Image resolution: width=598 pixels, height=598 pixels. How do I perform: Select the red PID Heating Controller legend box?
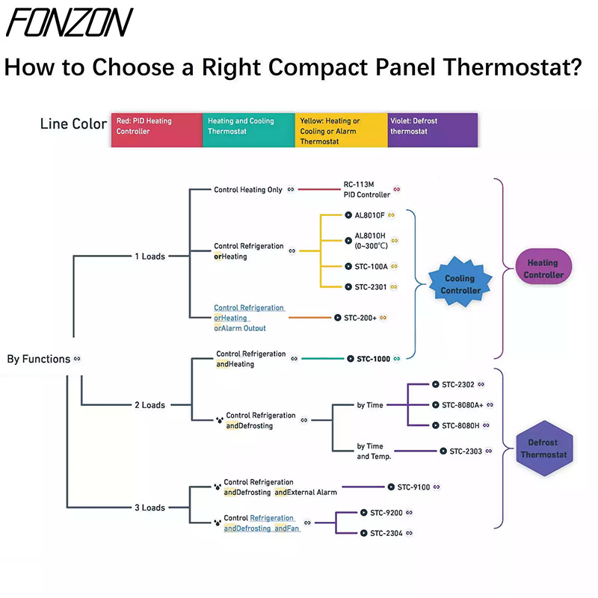[x=156, y=130]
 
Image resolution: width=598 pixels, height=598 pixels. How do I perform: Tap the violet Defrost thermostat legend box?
[x=432, y=130]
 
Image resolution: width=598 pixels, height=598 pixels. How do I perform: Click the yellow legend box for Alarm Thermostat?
[x=341, y=130]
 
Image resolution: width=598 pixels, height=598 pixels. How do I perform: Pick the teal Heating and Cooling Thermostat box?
[x=248, y=130]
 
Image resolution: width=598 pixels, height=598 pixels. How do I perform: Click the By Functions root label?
[x=39, y=359]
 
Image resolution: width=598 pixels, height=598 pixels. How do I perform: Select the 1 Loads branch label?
[x=149, y=256]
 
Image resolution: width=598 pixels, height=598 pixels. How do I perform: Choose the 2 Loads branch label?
[x=149, y=405]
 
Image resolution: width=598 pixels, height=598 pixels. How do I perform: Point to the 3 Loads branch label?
[x=149, y=508]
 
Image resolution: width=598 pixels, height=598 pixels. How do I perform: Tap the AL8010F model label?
[x=364, y=215]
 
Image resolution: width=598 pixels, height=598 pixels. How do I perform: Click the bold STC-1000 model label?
[x=369, y=359]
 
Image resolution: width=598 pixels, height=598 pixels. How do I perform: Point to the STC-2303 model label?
[x=466, y=451]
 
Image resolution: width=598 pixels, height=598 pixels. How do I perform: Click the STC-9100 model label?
[x=413, y=487]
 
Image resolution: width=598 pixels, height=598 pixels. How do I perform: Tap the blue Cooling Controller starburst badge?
[x=460, y=285]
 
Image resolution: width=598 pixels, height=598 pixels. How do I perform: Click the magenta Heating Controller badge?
[x=543, y=269]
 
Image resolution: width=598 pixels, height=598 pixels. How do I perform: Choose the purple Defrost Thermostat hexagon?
[x=543, y=449]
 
